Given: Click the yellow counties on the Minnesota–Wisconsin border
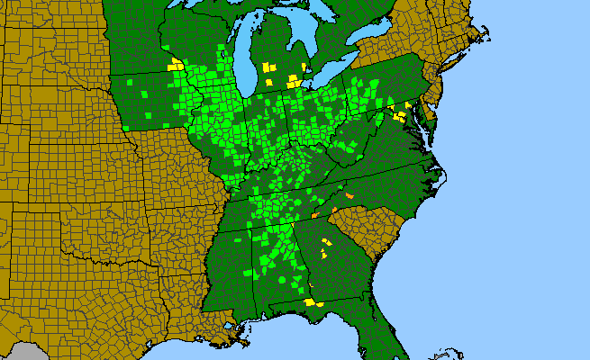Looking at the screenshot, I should pos(175,66).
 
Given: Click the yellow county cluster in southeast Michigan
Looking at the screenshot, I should pos(294,81).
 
